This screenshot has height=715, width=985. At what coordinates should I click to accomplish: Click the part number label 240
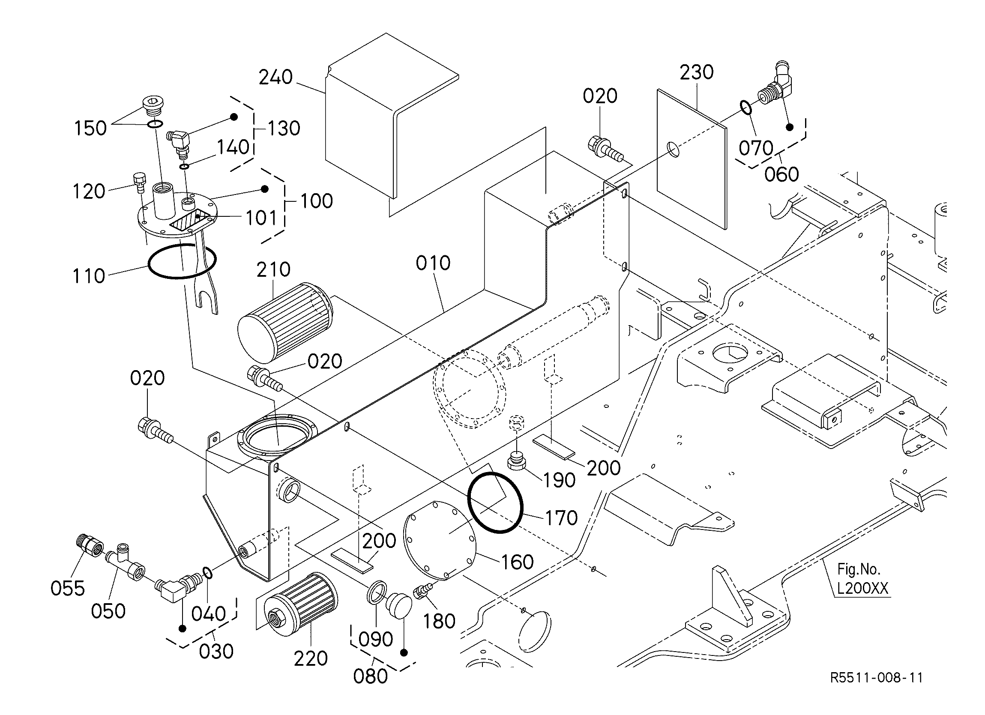(x=276, y=77)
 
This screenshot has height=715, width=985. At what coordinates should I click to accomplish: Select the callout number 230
(x=697, y=72)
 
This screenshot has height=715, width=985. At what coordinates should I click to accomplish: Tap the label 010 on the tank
(x=433, y=263)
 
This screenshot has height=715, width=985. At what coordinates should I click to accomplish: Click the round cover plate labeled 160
(x=440, y=540)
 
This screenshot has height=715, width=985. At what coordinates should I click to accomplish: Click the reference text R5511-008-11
(x=877, y=678)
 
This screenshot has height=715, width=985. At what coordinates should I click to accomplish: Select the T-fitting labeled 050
(x=127, y=563)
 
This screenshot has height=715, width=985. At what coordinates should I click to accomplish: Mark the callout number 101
(x=261, y=218)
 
